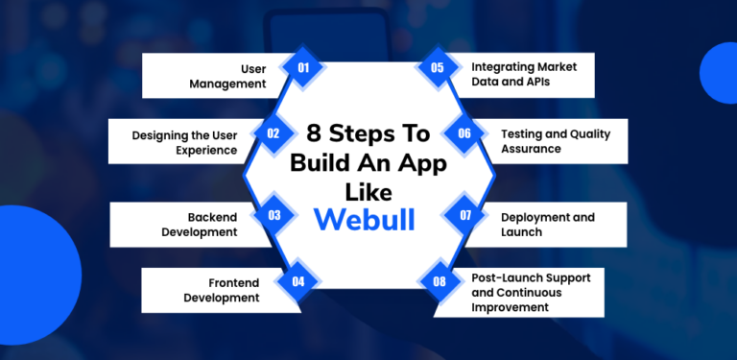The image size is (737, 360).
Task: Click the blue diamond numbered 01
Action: tap(303, 68)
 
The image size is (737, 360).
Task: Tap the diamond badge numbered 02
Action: tap(273, 134)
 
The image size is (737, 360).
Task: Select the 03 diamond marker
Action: tap(273, 215)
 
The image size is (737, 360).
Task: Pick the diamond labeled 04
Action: tap(298, 281)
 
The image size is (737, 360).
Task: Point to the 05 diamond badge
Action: tap(437, 68)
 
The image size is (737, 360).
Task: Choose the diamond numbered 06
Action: tap(464, 134)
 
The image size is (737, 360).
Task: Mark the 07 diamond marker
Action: tap(464, 215)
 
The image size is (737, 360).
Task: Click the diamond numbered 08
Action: tap(439, 281)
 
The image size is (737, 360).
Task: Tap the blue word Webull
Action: tap(365, 219)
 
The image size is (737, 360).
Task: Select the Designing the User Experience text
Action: tap(184, 142)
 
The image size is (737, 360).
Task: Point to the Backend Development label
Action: tap(200, 224)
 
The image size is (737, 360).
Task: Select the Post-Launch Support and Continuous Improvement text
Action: tap(531, 292)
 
